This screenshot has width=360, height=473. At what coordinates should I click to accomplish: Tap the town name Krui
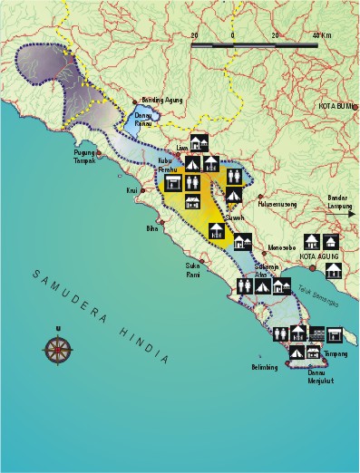pos(131,190)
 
